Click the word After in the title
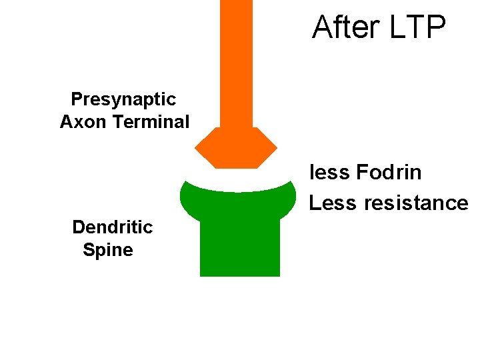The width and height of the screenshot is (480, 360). (345, 28)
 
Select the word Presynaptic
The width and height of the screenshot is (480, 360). (123, 99)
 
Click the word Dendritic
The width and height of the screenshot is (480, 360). (112, 227)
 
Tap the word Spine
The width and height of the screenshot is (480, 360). (108, 251)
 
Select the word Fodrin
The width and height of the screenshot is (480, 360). (389, 173)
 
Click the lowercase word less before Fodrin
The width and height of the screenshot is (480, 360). (329, 173)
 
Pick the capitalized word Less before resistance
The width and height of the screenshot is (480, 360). (333, 203)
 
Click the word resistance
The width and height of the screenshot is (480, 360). (417, 203)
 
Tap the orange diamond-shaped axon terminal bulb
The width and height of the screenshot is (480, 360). (236, 148)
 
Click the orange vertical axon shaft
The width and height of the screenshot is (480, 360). (236, 60)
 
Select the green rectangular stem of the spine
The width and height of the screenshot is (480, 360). (239, 247)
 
